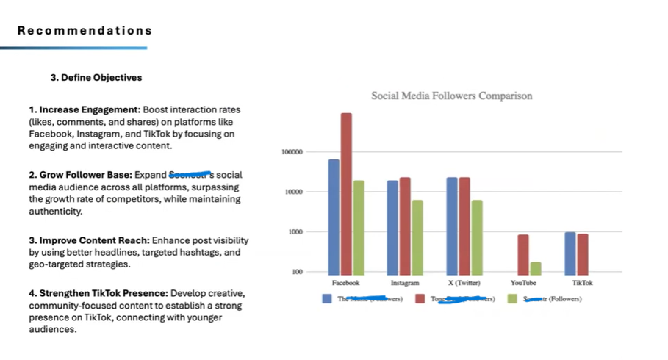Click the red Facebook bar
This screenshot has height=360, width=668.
[346, 193]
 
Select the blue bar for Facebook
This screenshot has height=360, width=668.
[334, 216]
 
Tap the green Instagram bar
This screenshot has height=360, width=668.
[417, 236]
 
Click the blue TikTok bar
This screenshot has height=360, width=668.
[570, 252]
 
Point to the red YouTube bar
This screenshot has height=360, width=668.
[523, 253]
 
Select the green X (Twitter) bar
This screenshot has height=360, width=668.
[476, 236]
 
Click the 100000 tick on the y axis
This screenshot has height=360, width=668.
[292, 152]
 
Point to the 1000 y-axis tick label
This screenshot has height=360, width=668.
[295, 232]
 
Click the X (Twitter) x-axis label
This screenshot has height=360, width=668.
[464, 282]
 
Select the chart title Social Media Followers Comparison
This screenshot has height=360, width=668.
[451, 96]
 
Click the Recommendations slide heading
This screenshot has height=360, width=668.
[85, 31]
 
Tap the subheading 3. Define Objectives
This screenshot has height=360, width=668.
[96, 77]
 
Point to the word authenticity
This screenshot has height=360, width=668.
[56, 212]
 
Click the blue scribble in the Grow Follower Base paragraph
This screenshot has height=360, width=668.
[190, 174]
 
